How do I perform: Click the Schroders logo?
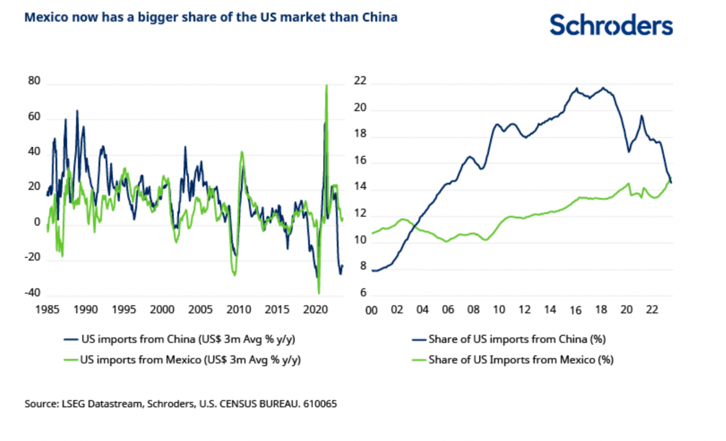click(x=610, y=25)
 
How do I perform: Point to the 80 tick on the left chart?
click(x=34, y=82)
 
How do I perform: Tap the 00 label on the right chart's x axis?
click(x=372, y=310)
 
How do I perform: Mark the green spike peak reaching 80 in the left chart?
click(x=326, y=86)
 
